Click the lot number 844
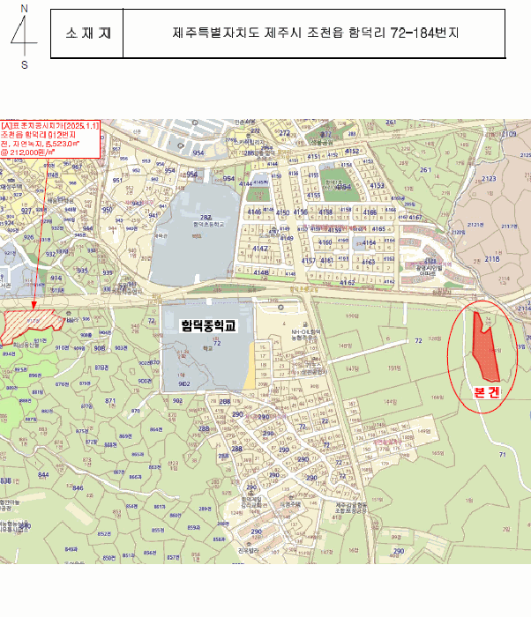point(43,474)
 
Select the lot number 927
point(26,212)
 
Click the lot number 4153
point(377,185)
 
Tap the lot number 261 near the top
point(426,170)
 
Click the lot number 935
point(82,271)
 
